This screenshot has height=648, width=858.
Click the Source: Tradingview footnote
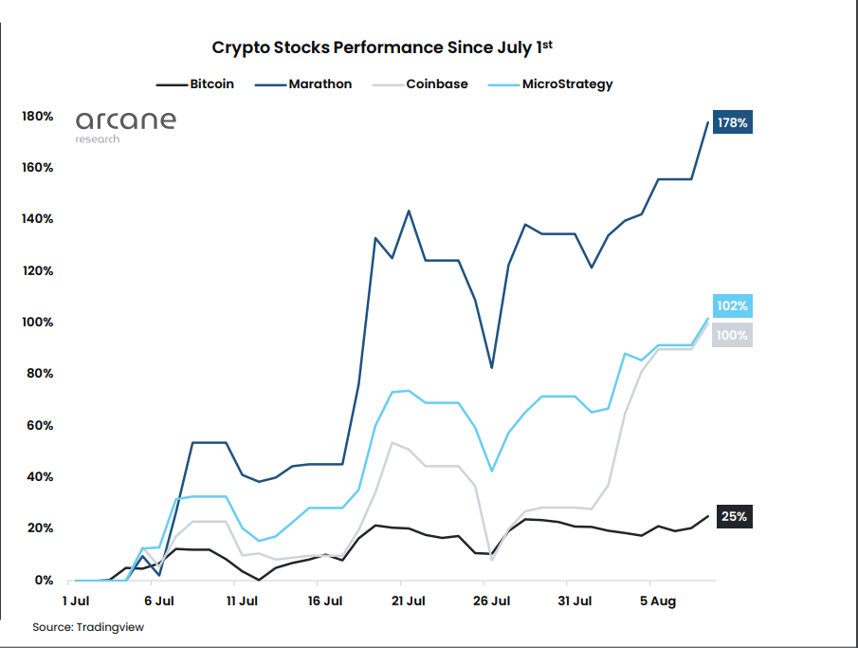tap(88, 627)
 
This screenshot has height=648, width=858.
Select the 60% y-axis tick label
tap(39, 425)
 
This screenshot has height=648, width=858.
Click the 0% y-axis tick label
tap(44, 580)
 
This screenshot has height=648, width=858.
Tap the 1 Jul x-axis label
tap(76, 601)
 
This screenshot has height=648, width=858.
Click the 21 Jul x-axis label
tap(409, 601)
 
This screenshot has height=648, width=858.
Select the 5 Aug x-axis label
tap(656, 601)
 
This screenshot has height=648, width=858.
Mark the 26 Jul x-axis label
tap(492, 601)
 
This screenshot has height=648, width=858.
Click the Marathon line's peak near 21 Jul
tap(409, 211)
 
